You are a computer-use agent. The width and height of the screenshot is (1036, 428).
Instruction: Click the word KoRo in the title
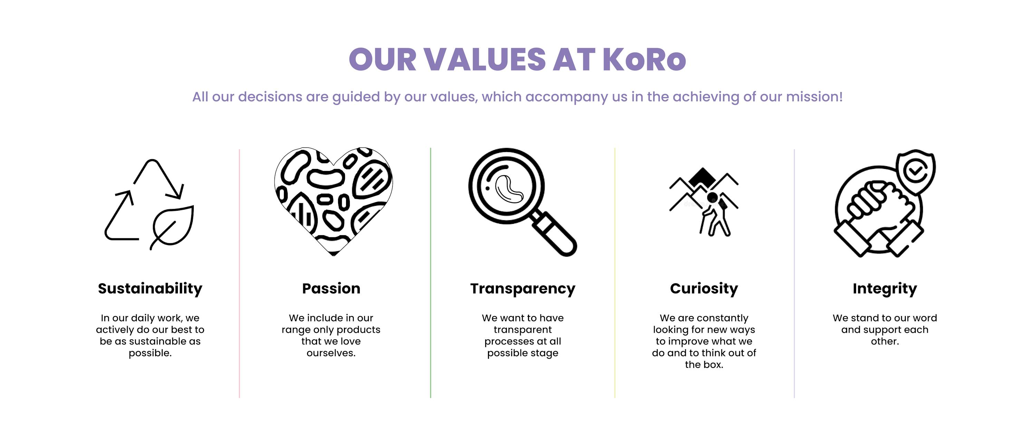(x=644, y=59)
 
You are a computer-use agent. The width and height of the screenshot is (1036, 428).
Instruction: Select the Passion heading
(x=331, y=288)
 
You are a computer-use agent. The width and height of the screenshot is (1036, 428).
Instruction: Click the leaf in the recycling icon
(x=173, y=227)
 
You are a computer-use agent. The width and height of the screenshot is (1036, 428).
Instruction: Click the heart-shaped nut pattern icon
(x=333, y=201)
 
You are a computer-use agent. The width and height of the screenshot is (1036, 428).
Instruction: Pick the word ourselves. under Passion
(x=331, y=353)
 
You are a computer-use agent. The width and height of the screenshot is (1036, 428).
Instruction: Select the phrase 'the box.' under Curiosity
(x=704, y=365)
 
